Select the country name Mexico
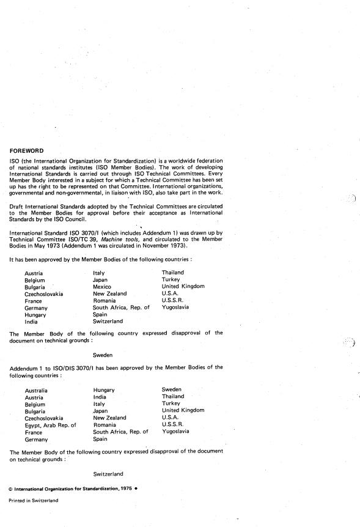pyautogui.click(x=102, y=287)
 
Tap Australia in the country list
pyautogui.click(x=36, y=390)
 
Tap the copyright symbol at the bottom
pyautogui.click(x=10, y=489)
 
